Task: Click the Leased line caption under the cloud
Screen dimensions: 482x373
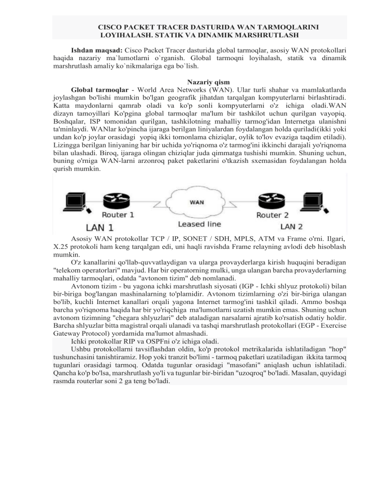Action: click(x=199, y=224)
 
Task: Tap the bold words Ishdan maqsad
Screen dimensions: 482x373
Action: click(x=97, y=50)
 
